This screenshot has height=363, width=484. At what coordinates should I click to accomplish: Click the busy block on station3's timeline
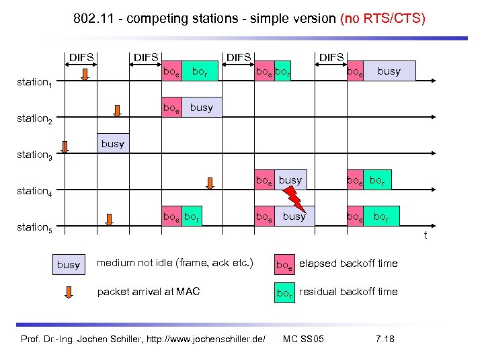[113, 144]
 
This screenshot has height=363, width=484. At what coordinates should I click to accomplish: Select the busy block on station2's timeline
[200, 108]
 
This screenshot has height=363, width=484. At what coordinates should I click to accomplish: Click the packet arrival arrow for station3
[65, 148]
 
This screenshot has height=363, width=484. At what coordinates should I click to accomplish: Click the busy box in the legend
[69, 264]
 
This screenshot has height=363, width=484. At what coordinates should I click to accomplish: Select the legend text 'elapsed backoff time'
[348, 264]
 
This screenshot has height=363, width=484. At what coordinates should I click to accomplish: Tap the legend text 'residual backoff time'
[348, 292]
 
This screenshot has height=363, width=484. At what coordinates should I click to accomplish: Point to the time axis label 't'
[425, 235]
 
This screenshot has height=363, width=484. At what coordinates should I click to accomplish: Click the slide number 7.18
[385, 338]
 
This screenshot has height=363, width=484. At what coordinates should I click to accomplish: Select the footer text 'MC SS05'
[304, 338]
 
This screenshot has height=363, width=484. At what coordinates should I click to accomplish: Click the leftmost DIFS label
[82, 58]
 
